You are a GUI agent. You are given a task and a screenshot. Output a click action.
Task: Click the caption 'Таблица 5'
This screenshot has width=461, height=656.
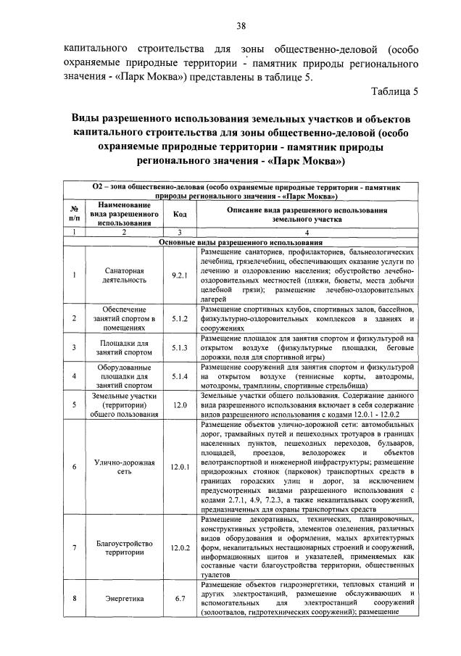pyautogui.click(x=395, y=91)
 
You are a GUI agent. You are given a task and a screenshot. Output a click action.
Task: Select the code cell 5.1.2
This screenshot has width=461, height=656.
pyautogui.click(x=180, y=317)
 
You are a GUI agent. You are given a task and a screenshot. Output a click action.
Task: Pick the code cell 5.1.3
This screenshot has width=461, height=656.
pyautogui.click(x=180, y=348)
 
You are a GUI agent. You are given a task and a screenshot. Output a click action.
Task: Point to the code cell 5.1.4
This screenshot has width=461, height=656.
pyautogui.click(x=180, y=376)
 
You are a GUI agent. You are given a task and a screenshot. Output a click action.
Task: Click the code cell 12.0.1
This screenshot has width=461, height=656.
pyautogui.click(x=180, y=467)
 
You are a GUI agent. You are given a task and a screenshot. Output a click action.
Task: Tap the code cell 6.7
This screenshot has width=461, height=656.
pyautogui.click(x=180, y=599)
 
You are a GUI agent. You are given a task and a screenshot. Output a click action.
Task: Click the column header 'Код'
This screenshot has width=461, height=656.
pyautogui.click(x=180, y=214)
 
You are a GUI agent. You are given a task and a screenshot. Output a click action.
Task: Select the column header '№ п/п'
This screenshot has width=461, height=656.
pyautogui.click(x=74, y=214)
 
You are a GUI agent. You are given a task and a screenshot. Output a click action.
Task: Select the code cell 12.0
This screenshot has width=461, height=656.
pyautogui.click(x=180, y=405)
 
